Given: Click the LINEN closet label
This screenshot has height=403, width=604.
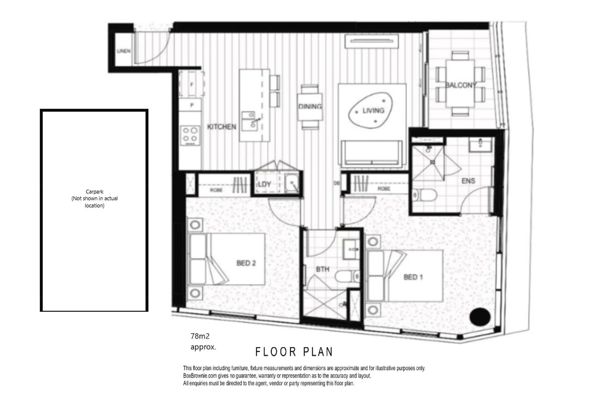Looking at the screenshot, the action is pos(124,51).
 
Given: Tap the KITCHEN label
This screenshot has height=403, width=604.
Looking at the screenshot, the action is pos(221,127).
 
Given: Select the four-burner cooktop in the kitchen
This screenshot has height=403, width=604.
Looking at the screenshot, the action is pos(190,136).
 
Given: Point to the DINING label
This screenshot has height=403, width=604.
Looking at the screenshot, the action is pos(310,106).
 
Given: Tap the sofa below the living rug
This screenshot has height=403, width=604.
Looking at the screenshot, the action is pos(372,153).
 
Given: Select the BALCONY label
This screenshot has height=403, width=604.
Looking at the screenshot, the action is pos(461,85).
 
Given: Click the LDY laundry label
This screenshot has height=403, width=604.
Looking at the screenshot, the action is pos(264,184).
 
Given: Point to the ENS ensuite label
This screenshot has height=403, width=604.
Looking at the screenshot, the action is pos(468,181).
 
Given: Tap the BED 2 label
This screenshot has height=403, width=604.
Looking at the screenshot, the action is pos(246,263).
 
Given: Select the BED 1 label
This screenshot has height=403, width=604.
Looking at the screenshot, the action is pos(413,277).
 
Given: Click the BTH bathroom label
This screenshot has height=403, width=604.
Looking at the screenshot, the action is pos(322,269).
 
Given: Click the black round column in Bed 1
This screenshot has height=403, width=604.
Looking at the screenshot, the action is pos(480,316).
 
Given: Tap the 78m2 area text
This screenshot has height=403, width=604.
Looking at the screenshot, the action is pos(200,336).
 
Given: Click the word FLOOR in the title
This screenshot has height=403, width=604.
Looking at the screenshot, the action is pos(276,352).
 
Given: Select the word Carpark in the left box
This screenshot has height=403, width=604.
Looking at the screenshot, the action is pos(94,192).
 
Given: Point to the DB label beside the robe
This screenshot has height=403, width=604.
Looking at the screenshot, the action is pos(337,183).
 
